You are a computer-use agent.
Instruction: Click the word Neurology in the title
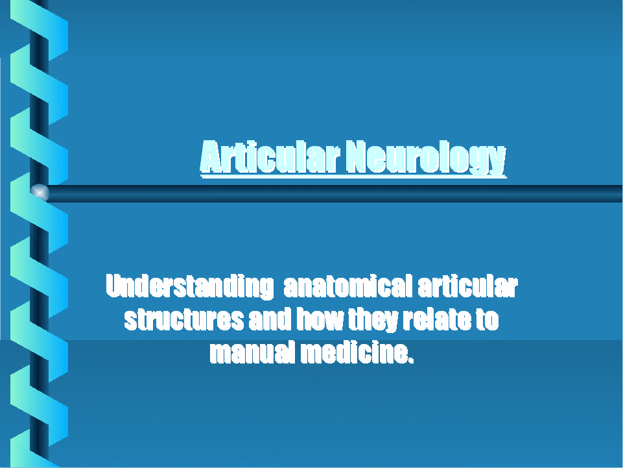[x=425, y=158]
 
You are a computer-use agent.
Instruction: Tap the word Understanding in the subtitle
[x=190, y=286]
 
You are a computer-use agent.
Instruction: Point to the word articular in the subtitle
[x=467, y=286]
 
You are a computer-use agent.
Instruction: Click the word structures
[x=184, y=319]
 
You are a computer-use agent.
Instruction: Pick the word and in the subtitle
[x=270, y=319]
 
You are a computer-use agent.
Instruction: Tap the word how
[x=320, y=319]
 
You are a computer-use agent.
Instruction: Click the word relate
[x=437, y=319]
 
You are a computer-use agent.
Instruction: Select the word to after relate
[x=487, y=319]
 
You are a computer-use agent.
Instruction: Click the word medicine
[x=353, y=352]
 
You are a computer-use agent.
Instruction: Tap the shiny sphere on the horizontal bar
[x=40, y=193]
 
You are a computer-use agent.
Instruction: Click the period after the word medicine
[x=411, y=360]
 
